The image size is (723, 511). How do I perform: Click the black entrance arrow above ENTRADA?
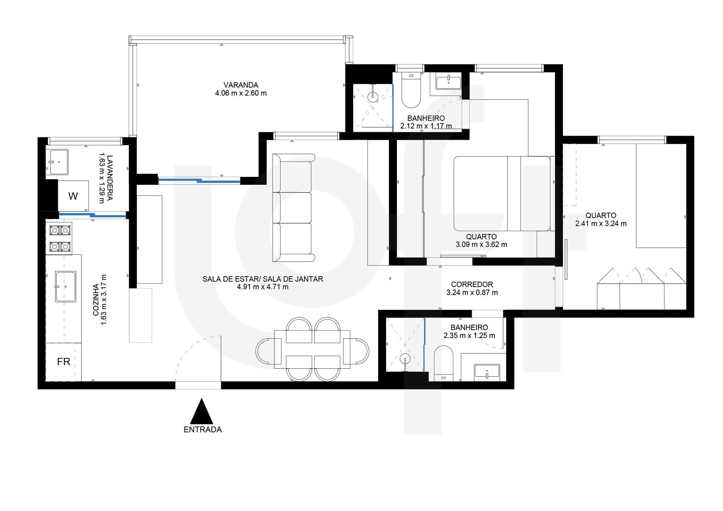tap(202, 411)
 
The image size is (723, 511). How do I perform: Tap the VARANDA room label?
tap(241, 85)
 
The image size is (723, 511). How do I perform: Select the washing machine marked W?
tap(73, 196)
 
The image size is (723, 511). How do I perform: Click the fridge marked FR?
tap(63, 362)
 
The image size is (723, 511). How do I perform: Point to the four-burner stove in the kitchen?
tap(60, 238)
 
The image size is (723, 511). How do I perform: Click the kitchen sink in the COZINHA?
tap(65, 287)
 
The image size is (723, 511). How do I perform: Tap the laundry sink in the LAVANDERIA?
tap(59, 162)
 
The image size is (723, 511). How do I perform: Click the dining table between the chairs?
tap(312, 349)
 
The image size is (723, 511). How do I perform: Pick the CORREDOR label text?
tap(472, 285)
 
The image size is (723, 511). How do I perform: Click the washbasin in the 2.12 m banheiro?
tap(448, 82)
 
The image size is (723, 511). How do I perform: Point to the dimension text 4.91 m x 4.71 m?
tap(262, 287)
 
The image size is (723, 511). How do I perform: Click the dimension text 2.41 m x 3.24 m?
tap(601, 224)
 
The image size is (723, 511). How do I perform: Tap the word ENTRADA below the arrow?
tap(202, 430)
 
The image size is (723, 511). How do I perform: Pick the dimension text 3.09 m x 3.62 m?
tap(481, 244)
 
